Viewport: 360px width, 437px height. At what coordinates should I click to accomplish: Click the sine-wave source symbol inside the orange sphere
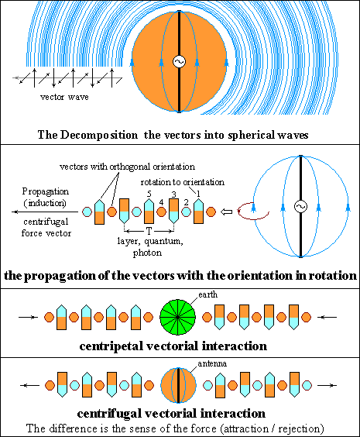pyautogui.click(x=179, y=61)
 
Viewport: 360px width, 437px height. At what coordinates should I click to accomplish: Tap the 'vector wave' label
pyautogui.click(x=64, y=97)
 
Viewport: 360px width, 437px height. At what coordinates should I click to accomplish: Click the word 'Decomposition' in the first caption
pyautogui.click(x=99, y=135)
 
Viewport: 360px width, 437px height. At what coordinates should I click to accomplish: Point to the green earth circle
pyautogui.click(x=177, y=317)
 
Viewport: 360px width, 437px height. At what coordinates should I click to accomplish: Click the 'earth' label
pyautogui.click(x=207, y=294)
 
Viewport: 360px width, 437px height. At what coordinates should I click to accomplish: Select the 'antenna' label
pyautogui.click(x=212, y=363)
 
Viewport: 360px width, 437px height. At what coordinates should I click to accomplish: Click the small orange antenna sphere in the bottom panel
pyautogui.click(x=178, y=385)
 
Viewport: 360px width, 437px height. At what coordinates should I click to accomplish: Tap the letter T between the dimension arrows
pyautogui.click(x=149, y=231)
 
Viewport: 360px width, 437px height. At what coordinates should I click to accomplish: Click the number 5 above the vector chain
pyautogui.click(x=149, y=194)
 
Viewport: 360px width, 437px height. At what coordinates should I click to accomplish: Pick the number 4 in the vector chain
pyautogui.click(x=161, y=202)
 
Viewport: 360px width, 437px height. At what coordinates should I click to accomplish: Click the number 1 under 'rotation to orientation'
pyautogui.click(x=198, y=194)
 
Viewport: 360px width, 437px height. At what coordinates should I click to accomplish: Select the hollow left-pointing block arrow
pyautogui.click(x=226, y=212)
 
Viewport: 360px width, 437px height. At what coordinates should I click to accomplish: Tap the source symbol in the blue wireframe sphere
pyautogui.click(x=300, y=207)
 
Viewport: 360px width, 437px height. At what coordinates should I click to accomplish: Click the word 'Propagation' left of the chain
pyautogui.click(x=46, y=191)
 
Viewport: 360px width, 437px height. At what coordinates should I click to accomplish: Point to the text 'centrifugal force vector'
pyautogui.click(x=46, y=228)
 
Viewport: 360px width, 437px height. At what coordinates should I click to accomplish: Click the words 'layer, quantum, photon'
pyautogui.click(x=149, y=246)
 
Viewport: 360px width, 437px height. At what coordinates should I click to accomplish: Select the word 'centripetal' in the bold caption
pyautogui.click(x=111, y=346)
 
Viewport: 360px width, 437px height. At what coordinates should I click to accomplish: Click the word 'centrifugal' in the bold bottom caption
pyautogui.click(x=109, y=414)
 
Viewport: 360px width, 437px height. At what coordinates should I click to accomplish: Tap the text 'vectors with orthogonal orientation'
pyautogui.click(x=127, y=167)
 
